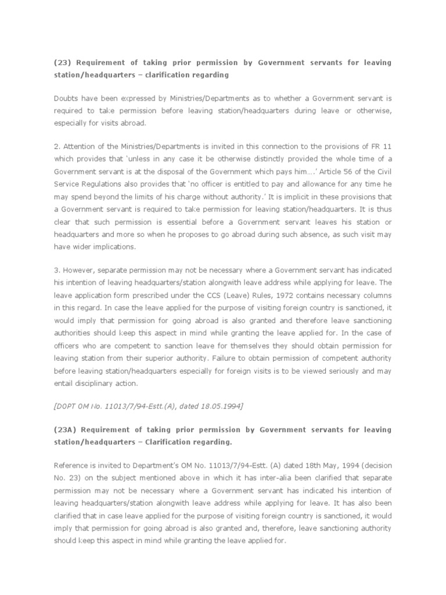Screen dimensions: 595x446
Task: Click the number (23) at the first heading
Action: (x=62, y=62)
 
